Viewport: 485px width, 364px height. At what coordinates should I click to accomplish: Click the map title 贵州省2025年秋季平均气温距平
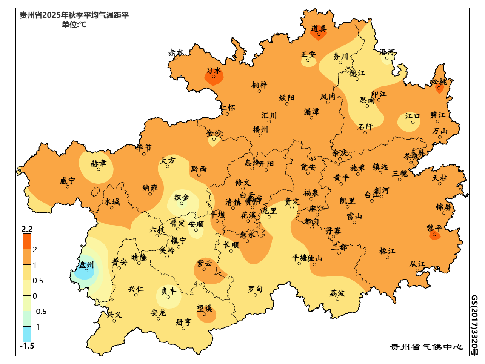pyautogui.click(x=74, y=15)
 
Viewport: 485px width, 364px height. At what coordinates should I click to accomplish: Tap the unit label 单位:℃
pyautogui.click(x=74, y=25)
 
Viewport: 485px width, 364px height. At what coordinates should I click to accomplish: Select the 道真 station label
pyautogui.click(x=319, y=28)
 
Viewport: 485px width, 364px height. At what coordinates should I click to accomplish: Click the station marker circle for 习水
pyautogui.click(x=214, y=77)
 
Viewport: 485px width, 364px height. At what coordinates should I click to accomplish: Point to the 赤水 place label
pyautogui.click(x=176, y=52)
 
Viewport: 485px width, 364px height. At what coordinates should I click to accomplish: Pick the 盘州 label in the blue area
pyautogui.click(x=86, y=265)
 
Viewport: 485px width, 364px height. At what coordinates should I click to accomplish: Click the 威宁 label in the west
pyautogui.click(x=67, y=181)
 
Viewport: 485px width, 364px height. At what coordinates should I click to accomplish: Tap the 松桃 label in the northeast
pyautogui.click(x=439, y=82)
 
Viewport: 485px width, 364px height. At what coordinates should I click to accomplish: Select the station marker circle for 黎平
pyautogui.click(x=435, y=235)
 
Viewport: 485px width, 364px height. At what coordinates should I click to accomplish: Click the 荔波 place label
pyautogui.click(x=337, y=293)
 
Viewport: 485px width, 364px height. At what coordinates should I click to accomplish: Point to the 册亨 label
pyautogui.click(x=183, y=322)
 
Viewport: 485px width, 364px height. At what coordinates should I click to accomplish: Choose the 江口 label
pyautogui.click(x=413, y=116)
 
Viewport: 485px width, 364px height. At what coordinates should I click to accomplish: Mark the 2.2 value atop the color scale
pyautogui.click(x=27, y=229)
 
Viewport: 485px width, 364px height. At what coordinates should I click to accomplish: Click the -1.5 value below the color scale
pyautogui.click(x=27, y=346)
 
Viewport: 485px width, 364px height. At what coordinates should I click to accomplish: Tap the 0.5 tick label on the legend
pyautogui.click(x=38, y=281)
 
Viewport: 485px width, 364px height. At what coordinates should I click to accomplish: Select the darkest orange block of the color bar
pyautogui.click(x=27, y=241)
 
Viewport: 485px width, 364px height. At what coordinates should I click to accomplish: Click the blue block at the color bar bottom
pyautogui.click(x=27, y=334)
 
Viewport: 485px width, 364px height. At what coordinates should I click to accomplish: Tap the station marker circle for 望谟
pyautogui.click(x=204, y=315)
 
